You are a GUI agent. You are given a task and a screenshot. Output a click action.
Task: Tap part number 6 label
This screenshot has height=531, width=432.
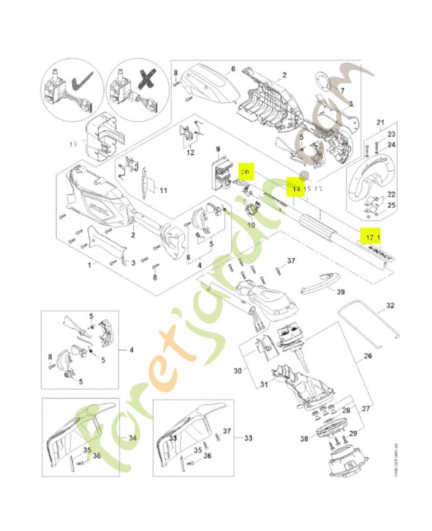233,68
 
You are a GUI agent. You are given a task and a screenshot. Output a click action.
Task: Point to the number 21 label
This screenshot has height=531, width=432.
380,122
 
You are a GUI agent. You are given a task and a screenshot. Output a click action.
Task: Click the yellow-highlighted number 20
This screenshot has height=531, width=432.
246,172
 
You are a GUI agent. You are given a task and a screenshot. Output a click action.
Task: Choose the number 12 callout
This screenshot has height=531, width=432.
190,153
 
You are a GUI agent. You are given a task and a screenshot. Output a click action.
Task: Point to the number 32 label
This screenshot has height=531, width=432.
390,306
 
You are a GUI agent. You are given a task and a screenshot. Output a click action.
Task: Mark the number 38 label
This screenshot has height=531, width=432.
304,439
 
